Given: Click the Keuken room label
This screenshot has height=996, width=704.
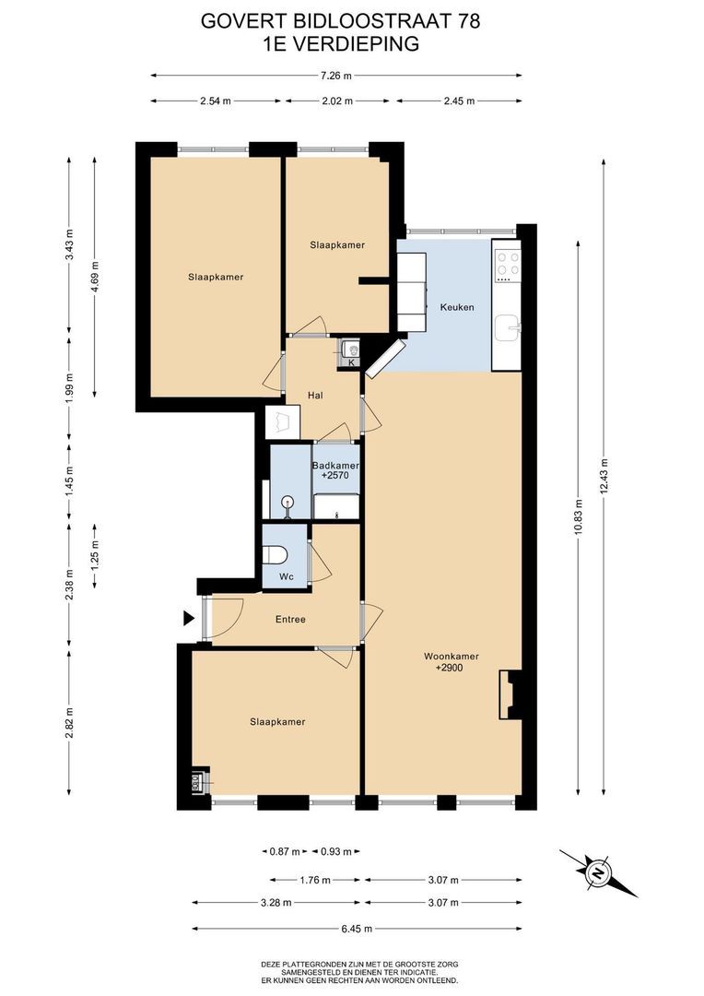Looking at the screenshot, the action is coord(457,307).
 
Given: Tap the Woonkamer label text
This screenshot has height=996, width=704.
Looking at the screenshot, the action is coord(452,657).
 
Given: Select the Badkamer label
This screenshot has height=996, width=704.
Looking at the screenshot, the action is coord(335,466).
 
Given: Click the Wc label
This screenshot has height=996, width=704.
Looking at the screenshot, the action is coord(287,576).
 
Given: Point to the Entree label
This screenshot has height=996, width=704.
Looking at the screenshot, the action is coord(291,620).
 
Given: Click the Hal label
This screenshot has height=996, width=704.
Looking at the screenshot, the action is coord(315,395).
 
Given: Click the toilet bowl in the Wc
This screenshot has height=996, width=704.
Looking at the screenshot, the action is coord(276,554).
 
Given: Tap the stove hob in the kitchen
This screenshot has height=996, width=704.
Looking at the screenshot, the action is coord(508,266).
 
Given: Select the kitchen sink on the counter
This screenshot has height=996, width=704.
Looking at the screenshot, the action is coord(508,328).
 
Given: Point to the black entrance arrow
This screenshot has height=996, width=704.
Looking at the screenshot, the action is coord(189,618).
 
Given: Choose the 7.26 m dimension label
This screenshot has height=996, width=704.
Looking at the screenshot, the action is coord(335,76).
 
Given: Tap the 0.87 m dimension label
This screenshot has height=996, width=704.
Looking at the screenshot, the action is coord(285,852).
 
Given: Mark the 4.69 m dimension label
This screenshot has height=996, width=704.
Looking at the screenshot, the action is coord(95,277).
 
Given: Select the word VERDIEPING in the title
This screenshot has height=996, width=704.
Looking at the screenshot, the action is coord(359,44).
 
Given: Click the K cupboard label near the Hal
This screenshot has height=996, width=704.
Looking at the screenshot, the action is coord(350,362).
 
